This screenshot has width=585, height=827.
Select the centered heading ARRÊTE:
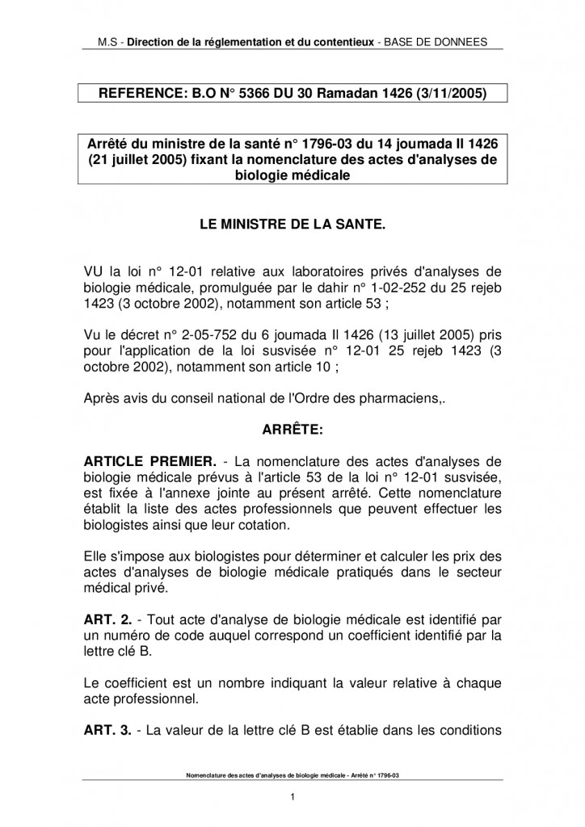(x=292, y=430)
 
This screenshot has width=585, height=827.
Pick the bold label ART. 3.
(x=107, y=731)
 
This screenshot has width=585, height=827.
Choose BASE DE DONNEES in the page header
(x=440, y=41)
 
